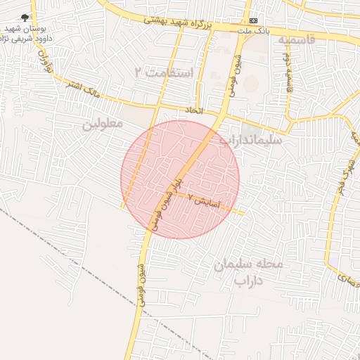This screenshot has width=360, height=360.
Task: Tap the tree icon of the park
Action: click(26, 18)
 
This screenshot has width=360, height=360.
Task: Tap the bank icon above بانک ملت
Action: click(253, 20)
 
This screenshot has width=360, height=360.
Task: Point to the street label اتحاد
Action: click(193, 110)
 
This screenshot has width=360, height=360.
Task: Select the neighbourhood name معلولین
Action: click(103, 124)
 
